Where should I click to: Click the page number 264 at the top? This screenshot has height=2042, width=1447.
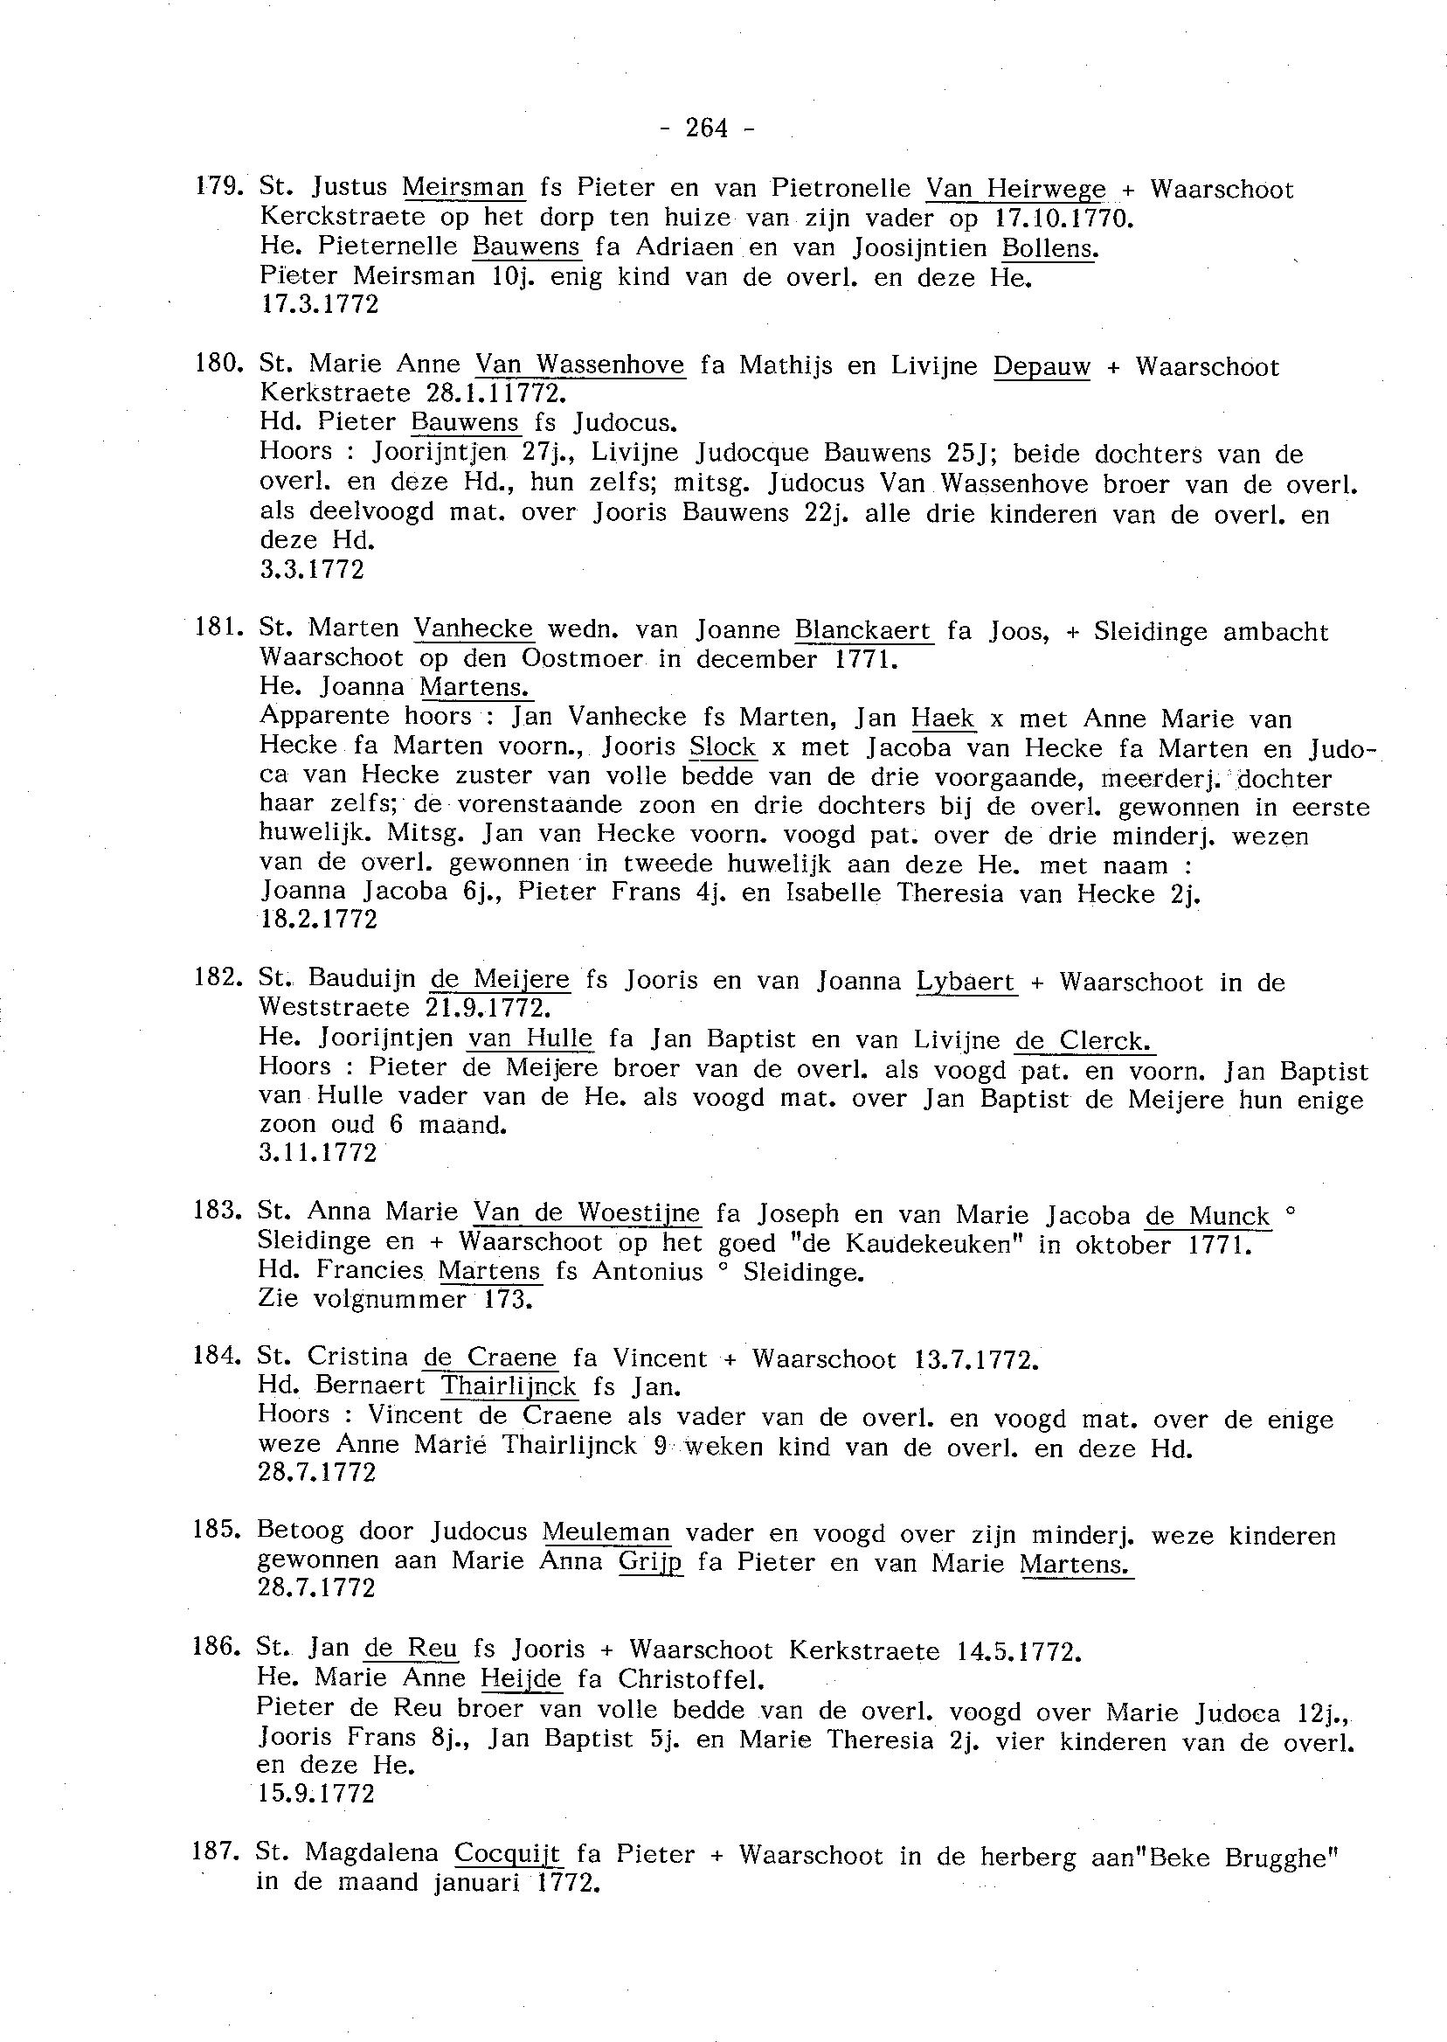(x=708, y=128)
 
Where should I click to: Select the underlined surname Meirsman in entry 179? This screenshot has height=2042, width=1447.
(x=463, y=188)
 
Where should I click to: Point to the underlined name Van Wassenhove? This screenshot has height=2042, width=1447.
(x=580, y=365)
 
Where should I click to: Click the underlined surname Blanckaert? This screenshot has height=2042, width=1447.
(x=862, y=631)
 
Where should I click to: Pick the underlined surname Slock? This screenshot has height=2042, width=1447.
(x=723, y=747)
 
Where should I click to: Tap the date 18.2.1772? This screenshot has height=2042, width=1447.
(x=319, y=920)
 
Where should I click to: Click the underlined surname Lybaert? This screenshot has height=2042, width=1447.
(x=965, y=983)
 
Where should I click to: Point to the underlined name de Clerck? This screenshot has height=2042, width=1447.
(x=1084, y=1041)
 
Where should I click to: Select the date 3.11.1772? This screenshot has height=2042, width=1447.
(x=318, y=1153)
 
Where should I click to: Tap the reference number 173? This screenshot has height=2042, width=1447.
(x=508, y=1300)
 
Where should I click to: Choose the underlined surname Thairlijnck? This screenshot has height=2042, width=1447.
(x=509, y=1387)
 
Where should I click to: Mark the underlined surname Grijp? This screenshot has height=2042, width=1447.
(x=650, y=1562)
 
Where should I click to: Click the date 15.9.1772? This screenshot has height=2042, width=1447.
(x=316, y=1794)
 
